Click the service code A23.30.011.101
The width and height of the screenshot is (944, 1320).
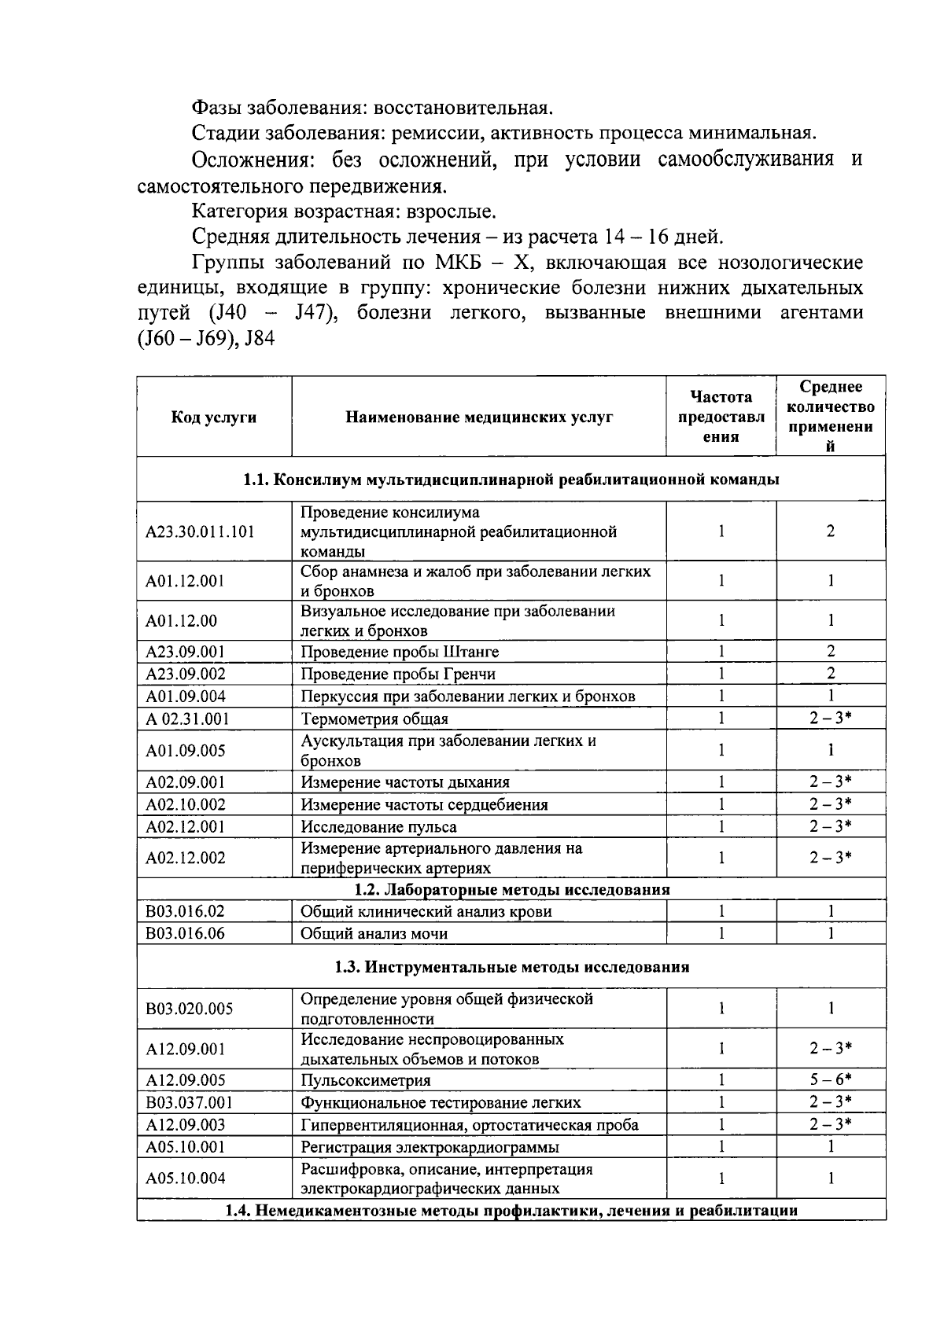tap(200, 532)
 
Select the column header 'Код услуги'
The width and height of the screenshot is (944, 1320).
tap(213, 417)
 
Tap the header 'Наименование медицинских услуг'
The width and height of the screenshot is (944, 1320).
tap(479, 417)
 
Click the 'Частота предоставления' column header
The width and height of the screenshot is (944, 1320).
tap(721, 417)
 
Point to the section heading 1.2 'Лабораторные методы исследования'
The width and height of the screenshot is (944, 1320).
tap(511, 889)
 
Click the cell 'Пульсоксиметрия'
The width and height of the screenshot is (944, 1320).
tap(366, 1080)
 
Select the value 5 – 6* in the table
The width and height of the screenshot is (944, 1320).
tap(831, 1079)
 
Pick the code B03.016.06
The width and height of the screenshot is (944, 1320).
tap(185, 933)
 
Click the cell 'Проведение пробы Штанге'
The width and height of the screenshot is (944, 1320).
tap(400, 652)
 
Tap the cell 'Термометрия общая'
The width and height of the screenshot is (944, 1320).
tap(374, 719)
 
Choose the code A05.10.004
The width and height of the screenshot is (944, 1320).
tap(185, 1178)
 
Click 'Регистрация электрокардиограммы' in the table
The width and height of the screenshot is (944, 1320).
tap(430, 1147)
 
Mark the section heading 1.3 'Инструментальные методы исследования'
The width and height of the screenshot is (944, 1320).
tap(511, 967)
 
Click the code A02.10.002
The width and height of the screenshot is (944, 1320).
tap(185, 804)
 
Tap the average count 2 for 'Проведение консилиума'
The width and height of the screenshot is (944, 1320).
tap(831, 531)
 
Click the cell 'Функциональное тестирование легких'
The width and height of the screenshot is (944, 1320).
tap(441, 1102)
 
